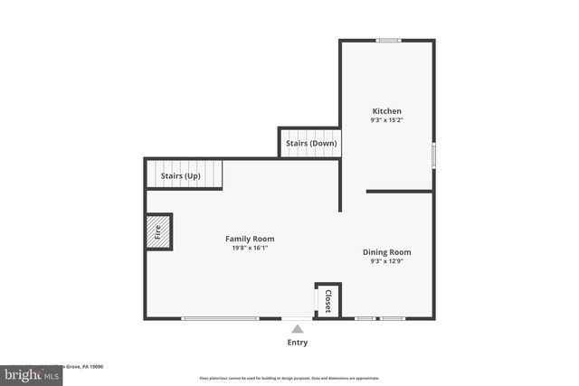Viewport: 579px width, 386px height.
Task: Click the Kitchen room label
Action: [386, 111]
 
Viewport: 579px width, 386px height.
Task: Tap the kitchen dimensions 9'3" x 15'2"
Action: [386, 120]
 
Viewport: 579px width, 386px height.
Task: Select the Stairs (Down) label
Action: [310, 144]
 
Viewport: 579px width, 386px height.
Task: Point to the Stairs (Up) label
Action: [180, 175]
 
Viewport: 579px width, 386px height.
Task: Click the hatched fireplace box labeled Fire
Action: [157, 231]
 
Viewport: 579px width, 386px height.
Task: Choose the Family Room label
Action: [250, 239]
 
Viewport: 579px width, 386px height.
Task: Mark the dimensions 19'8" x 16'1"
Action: [250, 248]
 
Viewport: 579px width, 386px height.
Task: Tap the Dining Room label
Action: [387, 252]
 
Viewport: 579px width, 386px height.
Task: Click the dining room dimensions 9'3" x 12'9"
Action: [387, 262]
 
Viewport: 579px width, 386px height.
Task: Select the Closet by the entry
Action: [327, 301]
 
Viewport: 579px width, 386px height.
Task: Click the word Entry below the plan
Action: [298, 343]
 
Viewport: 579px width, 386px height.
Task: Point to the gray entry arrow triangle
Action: [298, 329]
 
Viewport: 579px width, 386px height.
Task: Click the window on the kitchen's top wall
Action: [390, 40]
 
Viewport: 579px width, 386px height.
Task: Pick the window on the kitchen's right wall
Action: [433, 155]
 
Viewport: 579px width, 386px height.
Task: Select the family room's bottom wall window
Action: [220, 318]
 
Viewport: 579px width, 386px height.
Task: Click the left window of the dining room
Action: [365, 318]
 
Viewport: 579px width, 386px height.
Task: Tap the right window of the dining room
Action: [393, 318]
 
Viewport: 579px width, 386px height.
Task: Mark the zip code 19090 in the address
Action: [96, 367]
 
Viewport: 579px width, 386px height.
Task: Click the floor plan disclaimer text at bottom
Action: [289, 378]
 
